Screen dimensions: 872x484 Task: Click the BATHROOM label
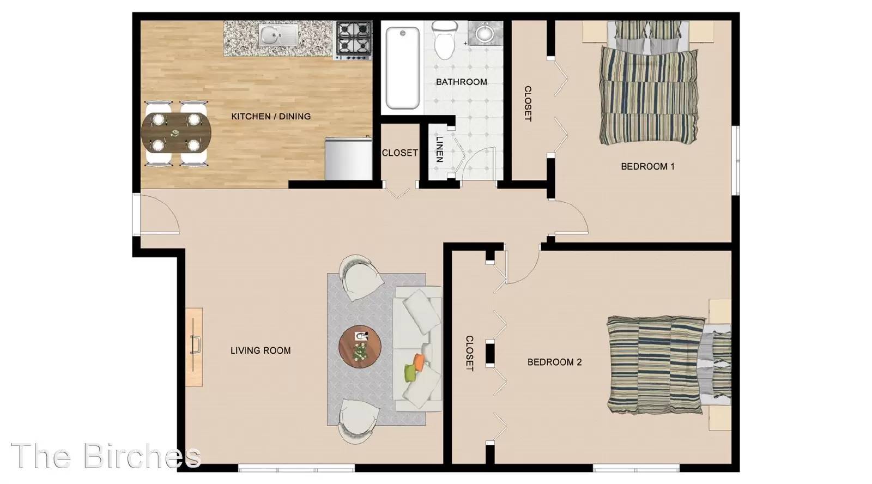pos(461,82)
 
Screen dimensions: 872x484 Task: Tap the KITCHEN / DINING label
pos(271,117)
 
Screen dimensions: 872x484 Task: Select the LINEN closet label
pos(439,149)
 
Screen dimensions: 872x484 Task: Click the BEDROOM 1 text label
pos(647,167)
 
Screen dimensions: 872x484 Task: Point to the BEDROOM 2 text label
pos(554,362)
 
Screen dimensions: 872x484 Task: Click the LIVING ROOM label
pos(261,351)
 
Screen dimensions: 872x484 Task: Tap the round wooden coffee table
pos(360,347)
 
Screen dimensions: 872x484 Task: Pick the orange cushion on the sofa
pos(419,362)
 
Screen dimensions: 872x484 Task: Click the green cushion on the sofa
pos(411,373)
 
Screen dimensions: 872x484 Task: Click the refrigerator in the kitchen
pos(348,158)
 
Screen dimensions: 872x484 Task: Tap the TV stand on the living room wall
pos(194,347)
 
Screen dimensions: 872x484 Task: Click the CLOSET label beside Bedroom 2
pos(470,354)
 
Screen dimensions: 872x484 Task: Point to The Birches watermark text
pos(106,456)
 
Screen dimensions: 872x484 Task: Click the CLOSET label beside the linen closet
pos(400,153)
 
